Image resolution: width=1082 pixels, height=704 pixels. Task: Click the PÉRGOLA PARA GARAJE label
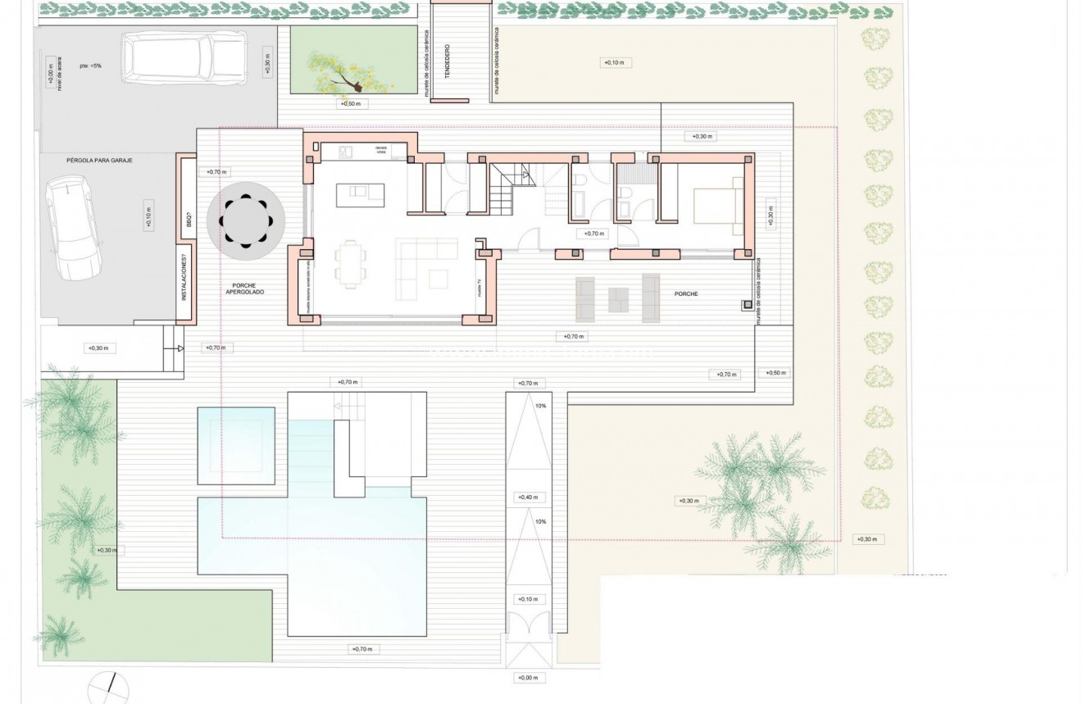pyautogui.click(x=99, y=161)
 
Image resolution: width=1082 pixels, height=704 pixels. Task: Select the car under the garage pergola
pyautogui.click(x=74, y=229)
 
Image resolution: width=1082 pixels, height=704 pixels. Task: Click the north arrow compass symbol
pyautogui.click(x=108, y=687)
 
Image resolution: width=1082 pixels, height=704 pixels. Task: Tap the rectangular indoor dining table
pyautogui.click(x=350, y=264)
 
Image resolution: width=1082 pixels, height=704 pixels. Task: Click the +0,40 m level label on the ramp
pyautogui.click(x=528, y=497)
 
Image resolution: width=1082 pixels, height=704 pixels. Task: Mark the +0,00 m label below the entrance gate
pyautogui.click(x=528, y=678)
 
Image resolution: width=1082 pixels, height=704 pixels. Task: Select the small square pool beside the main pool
pyautogui.click(x=236, y=445)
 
